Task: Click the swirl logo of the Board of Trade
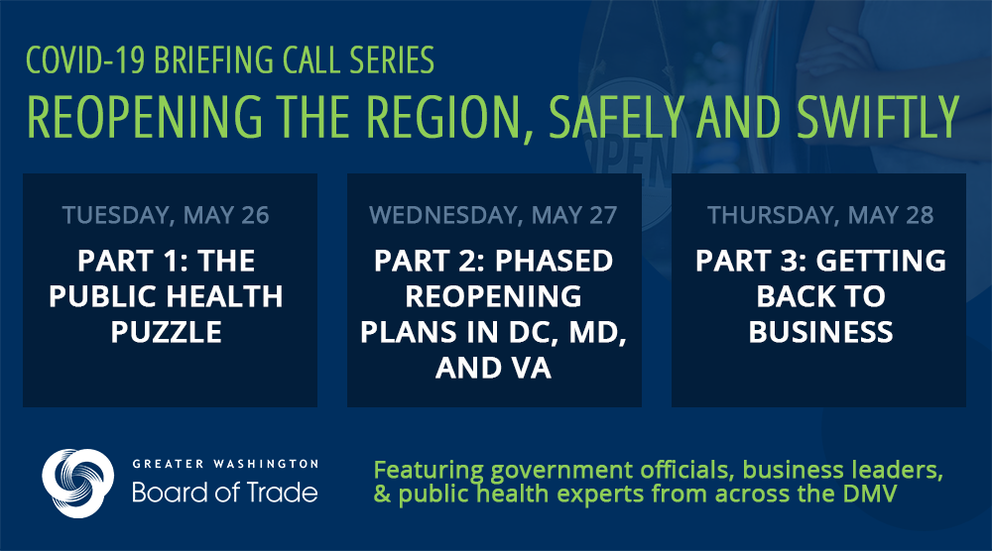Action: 78,484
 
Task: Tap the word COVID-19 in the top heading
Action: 85,60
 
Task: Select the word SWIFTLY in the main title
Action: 878,117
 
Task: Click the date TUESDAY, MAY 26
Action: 166,215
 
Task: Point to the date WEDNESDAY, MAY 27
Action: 493,215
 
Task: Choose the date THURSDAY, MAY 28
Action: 820,215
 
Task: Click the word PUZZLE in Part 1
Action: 167,332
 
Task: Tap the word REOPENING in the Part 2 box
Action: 493,296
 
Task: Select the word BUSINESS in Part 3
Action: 820,332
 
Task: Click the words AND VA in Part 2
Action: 493,368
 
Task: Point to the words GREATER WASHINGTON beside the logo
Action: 225,464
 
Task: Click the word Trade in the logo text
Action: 282,493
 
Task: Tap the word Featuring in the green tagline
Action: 429,471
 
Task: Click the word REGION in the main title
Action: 447,117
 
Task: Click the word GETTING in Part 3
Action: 881,261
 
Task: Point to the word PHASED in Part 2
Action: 554,261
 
